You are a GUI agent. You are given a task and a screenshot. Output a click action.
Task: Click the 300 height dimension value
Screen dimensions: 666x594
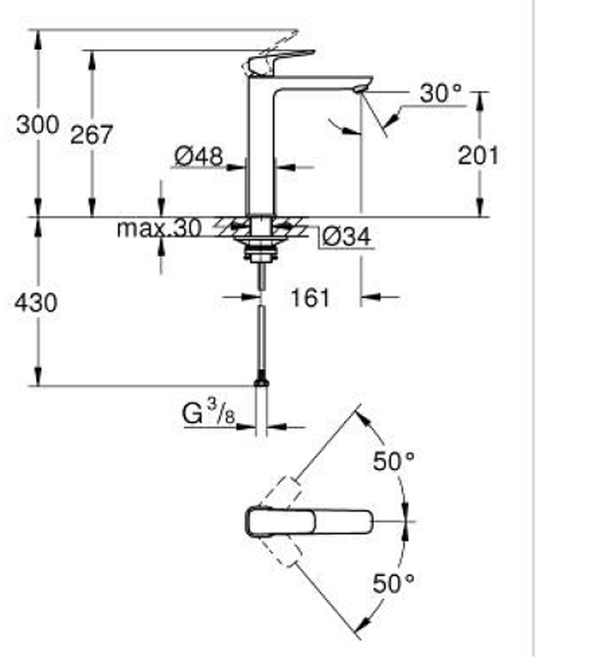[x=37, y=125]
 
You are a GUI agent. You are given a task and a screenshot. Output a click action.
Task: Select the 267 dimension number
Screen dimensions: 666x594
[x=91, y=135]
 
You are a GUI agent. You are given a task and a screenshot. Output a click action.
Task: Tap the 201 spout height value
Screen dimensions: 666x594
[x=478, y=155]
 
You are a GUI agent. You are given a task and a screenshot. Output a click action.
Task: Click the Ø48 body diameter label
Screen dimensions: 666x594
[x=198, y=156]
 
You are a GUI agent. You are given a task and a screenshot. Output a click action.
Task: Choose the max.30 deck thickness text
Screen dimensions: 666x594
[x=158, y=228]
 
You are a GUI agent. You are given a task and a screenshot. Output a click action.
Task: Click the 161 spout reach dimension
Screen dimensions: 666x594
[x=310, y=297]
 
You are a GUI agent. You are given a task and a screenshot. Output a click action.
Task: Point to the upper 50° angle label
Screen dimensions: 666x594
[x=393, y=461]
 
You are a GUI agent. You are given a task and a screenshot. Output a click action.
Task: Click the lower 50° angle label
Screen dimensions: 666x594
[x=393, y=584]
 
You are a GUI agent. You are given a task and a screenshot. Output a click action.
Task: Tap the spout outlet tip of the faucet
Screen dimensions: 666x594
[x=361, y=87]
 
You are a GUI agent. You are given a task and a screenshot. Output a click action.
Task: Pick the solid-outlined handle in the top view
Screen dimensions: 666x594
[x=308, y=522]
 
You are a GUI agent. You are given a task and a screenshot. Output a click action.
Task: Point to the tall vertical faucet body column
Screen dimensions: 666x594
[x=261, y=150]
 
